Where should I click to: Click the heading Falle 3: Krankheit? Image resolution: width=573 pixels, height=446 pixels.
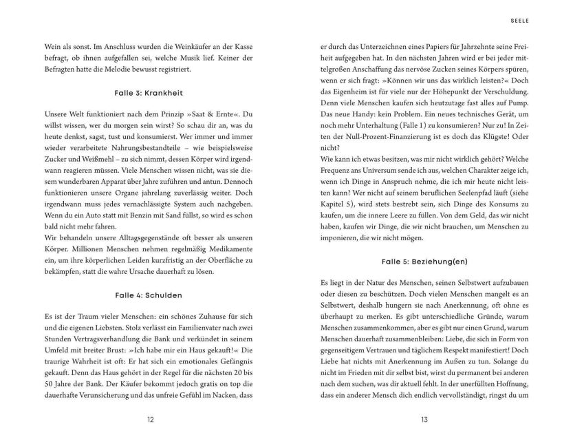tap(149, 92)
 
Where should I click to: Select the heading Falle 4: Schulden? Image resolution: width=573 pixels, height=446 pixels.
tap(149, 295)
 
